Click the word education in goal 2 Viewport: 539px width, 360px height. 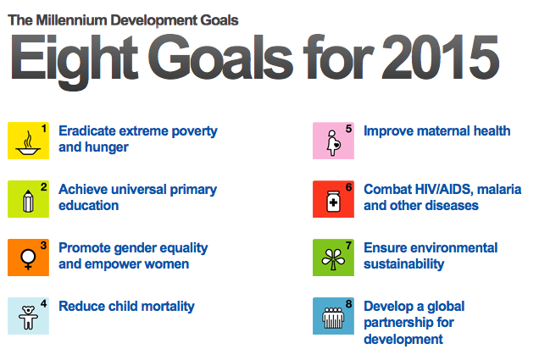coord(88,205)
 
